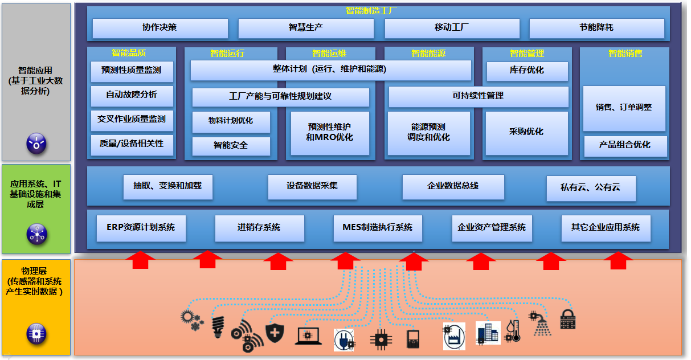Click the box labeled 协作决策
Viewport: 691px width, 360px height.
(x=160, y=28)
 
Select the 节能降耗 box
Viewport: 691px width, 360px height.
(x=596, y=28)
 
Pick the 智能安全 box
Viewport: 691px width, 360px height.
(x=231, y=146)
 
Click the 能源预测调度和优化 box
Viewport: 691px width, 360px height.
(x=429, y=133)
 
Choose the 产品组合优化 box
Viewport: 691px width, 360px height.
(x=625, y=145)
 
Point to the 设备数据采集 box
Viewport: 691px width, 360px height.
(x=312, y=186)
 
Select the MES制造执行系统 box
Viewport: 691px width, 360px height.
(x=378, y=228)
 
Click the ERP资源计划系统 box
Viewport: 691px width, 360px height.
(x=141, y=228)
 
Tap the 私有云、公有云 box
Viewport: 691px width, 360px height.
(x=590, y=187)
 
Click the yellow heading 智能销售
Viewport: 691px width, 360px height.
(x=625, y=54)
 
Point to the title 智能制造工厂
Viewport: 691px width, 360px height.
(x=371, y=11)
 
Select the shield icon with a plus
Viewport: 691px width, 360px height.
(x=275, y=333)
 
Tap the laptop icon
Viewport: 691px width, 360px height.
(x=308, y=337)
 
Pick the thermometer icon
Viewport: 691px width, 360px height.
(x=513, y=330)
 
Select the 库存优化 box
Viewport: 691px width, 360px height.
(x=526, y=71)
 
